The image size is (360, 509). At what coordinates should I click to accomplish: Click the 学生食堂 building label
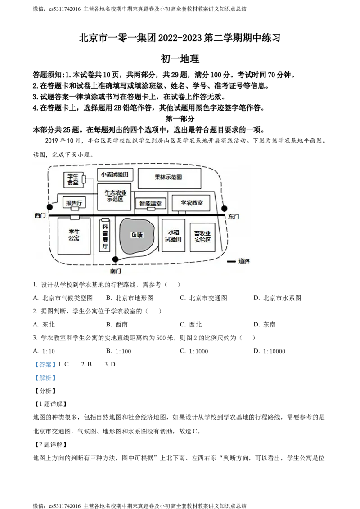point(73,179)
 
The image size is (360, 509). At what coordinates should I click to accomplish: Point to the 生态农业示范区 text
point(115,196)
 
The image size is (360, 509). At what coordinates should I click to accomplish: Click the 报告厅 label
point(74,203)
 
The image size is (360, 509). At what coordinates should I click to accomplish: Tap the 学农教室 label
point(192,203)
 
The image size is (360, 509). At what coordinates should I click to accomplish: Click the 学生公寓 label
point(74,235)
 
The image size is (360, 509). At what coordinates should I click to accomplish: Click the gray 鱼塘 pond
point(137,236)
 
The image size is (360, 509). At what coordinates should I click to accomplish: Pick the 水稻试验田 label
point(174,236)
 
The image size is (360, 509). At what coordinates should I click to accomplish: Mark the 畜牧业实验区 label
point(202,237)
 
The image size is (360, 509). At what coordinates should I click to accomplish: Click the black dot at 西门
point(50,207)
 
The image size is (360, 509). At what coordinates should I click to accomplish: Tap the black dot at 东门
point(224,209)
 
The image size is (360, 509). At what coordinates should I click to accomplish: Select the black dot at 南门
point(115,259)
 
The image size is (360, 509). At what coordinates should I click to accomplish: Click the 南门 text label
point(115,271)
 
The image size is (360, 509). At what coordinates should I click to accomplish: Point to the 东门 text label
point(234,217)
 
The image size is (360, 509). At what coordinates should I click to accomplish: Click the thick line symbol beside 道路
point(231,261)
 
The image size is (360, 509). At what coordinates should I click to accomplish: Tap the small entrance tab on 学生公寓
point(75,218)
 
